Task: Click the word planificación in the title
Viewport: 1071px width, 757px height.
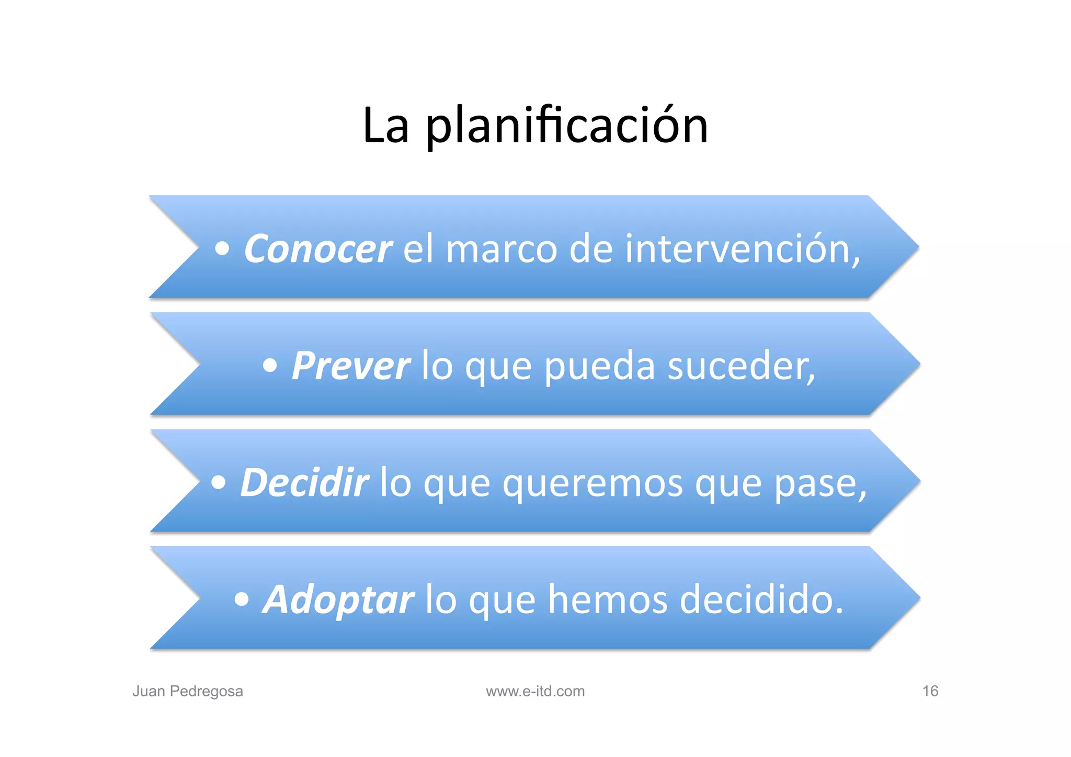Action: coord(567,127)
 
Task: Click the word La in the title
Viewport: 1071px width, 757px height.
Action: coord(385,127)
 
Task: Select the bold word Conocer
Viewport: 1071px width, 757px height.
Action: coord(317,249)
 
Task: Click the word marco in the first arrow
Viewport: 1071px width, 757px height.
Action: coord(502,250)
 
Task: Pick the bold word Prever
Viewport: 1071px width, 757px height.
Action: coord(351,366)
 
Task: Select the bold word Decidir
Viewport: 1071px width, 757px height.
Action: coord(304,482)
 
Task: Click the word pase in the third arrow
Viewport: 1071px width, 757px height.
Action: coord(818,483)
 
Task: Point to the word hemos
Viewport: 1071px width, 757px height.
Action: coord(608,600)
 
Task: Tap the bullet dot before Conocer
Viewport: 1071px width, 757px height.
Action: coord(222,249)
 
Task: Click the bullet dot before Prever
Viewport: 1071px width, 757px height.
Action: coord(270,366)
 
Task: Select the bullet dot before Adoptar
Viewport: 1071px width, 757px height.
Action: coord(242,600)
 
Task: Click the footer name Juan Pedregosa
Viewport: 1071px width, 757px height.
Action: coord(188,691)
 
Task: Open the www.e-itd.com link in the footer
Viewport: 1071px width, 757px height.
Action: coord(535,691)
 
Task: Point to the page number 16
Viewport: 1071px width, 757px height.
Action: coord(930,691)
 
